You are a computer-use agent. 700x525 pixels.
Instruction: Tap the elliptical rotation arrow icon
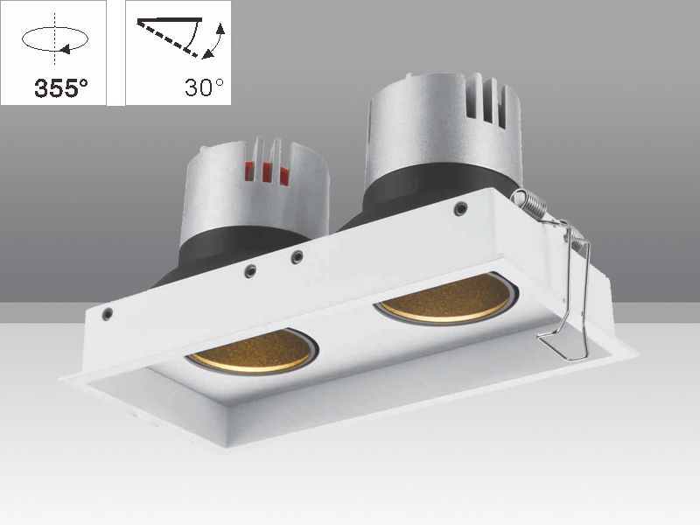click(53, 39)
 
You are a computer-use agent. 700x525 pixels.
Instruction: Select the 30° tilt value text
click(204, 87)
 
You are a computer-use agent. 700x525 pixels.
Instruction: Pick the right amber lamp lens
click(446, 300)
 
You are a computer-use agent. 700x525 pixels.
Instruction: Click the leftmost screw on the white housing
click(107, 312)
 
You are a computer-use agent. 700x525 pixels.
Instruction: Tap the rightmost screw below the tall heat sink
click(460, 208)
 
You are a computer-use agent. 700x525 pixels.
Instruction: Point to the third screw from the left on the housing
click(297, 257)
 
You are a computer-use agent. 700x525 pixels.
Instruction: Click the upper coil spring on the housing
click(532, 205)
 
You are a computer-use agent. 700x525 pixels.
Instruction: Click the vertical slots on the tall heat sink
click(490, 102)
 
